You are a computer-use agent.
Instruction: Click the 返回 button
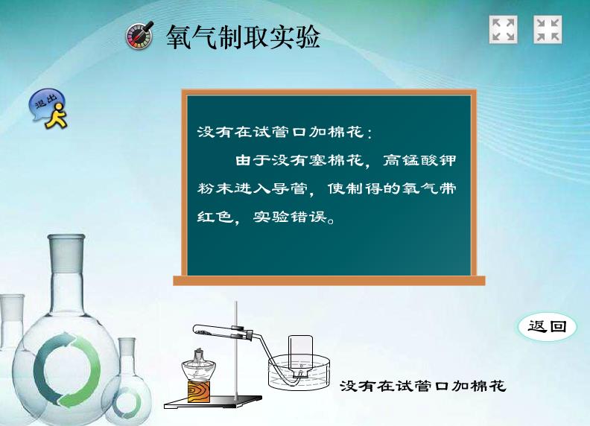547,326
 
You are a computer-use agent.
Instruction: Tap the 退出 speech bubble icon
48,109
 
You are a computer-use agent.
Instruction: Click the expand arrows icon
503,29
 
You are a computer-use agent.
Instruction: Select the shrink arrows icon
548,29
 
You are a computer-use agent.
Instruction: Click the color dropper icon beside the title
139,35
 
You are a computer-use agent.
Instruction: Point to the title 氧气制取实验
243,36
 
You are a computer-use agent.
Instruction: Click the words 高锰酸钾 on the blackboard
419,160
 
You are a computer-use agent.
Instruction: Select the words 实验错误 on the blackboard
289,217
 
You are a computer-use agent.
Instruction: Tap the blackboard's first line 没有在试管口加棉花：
285,132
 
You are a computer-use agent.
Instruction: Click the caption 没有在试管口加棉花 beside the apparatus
423,386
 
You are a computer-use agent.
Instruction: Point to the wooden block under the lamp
199,392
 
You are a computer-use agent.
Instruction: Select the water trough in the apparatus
299,373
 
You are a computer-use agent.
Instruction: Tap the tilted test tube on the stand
223,331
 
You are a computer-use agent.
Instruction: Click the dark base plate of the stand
213,403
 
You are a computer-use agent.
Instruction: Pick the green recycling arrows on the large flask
66,370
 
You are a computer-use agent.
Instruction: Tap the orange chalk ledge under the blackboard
329,280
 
